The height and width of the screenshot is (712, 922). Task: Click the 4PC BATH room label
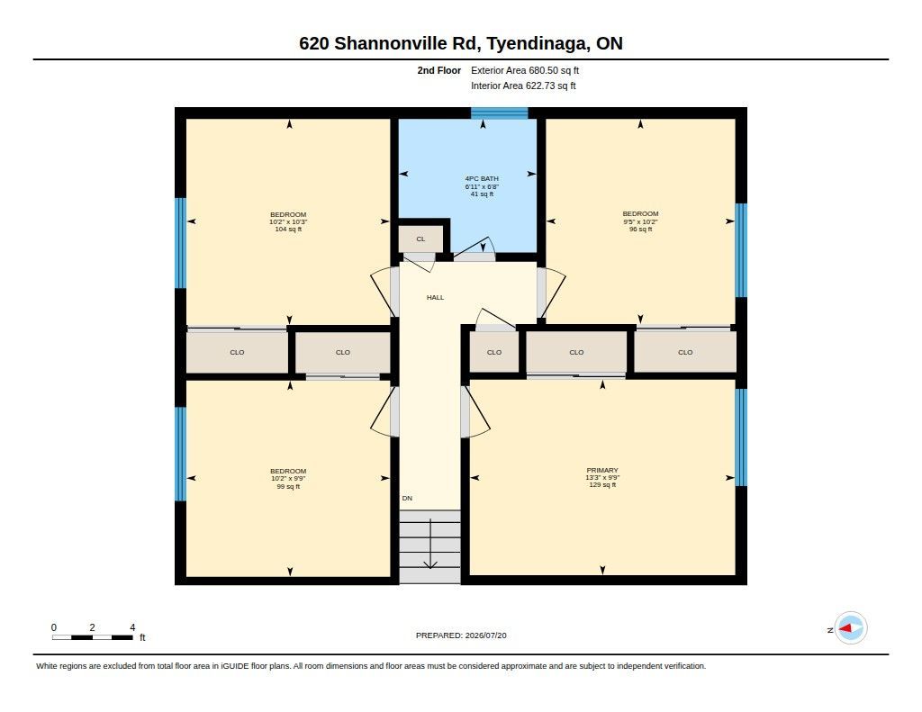pyautogui.click(x=482, y=178)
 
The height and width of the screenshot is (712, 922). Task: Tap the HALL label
pyautogui.click(x=435, y=298)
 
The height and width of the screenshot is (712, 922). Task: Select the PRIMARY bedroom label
pyautogui.click(x=602, y=471)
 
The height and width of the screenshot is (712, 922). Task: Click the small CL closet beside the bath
pyautogui.click(x=420, y=239)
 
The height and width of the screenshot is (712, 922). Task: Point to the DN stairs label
pyautogui.click(x=407, y=498)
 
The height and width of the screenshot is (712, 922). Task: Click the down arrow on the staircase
pyautogui.click(x=430, y=544)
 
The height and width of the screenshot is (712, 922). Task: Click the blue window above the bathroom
pyautogui.click(x=499, y=113)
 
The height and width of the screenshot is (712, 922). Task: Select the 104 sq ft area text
pyautogui.click(x=288, y=230)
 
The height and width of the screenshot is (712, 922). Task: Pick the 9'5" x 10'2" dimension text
pyautogui.click(x=640, y=221)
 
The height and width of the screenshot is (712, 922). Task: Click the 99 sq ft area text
pyautogui.click(x=288, y=486)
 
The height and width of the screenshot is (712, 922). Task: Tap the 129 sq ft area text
pyautogui.click(x=602, y=485)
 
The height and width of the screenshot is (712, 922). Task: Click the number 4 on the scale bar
pyautogui.click(x=132, y=627)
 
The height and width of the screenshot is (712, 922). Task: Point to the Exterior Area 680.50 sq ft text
pyautogui.click(x=525, y=70)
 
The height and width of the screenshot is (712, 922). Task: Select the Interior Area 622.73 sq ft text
pyautogui.click(x=523, y=86)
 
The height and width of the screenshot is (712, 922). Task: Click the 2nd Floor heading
pyautogui.click(x=439, y=70)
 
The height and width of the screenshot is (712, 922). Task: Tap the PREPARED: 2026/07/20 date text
pyautogui.click(x=461, y=635)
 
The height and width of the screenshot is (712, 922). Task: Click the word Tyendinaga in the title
pyautogui.click(x=537, y=43)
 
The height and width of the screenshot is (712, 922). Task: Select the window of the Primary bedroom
pyautogui.click(x=741, y=437)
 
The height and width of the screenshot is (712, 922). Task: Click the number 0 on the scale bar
pyautogui.click(x=53, y=627)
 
